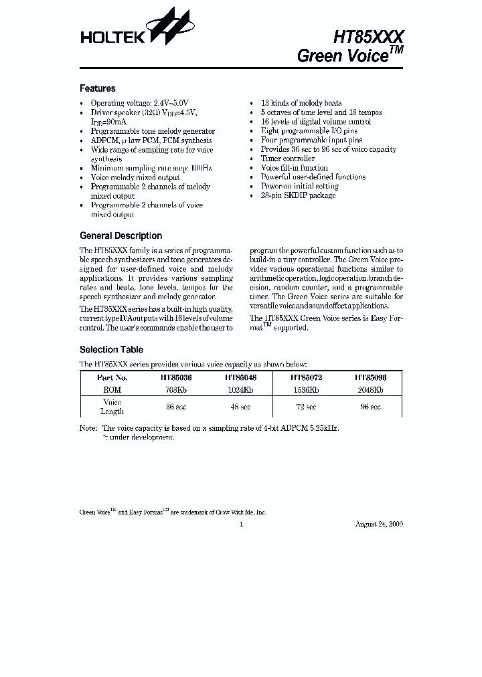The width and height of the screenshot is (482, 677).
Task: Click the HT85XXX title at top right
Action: tap(369, 36)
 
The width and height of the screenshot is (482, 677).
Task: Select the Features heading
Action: tap(98, 88)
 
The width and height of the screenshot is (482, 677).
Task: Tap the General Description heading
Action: tap(120, 235)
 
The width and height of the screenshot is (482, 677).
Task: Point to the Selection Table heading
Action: tap(111, 349)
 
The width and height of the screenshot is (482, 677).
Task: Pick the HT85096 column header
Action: tap(370, 377)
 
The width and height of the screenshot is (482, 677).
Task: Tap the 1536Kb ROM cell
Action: tap(305, 389)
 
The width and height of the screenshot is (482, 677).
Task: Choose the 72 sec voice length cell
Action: tap(305, 407)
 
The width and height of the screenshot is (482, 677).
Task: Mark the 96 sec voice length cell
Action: tap(370, 407)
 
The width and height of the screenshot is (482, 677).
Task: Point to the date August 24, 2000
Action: tap(378, 524)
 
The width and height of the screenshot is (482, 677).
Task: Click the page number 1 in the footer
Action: tap(241, 524)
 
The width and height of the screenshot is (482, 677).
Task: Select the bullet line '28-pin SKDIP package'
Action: tap(298, 195)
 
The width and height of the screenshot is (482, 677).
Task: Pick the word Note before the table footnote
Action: tap(88, 427)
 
